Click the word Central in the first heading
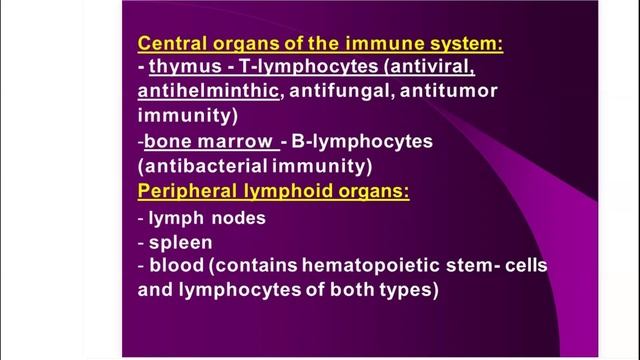[x=168, y=45]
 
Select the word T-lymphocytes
[x=286, y=69]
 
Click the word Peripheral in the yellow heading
[x=185, y=191]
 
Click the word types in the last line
[x=408, y=292]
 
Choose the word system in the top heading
[x=462, y=45]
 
